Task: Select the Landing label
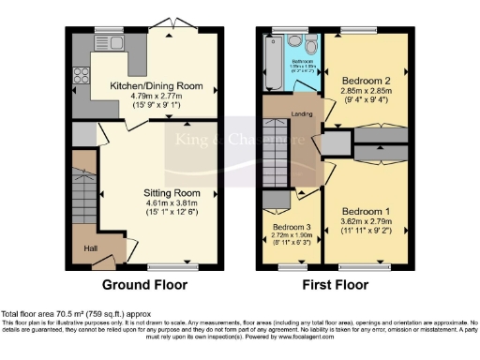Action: (302, 114)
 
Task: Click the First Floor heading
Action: (333, 285)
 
